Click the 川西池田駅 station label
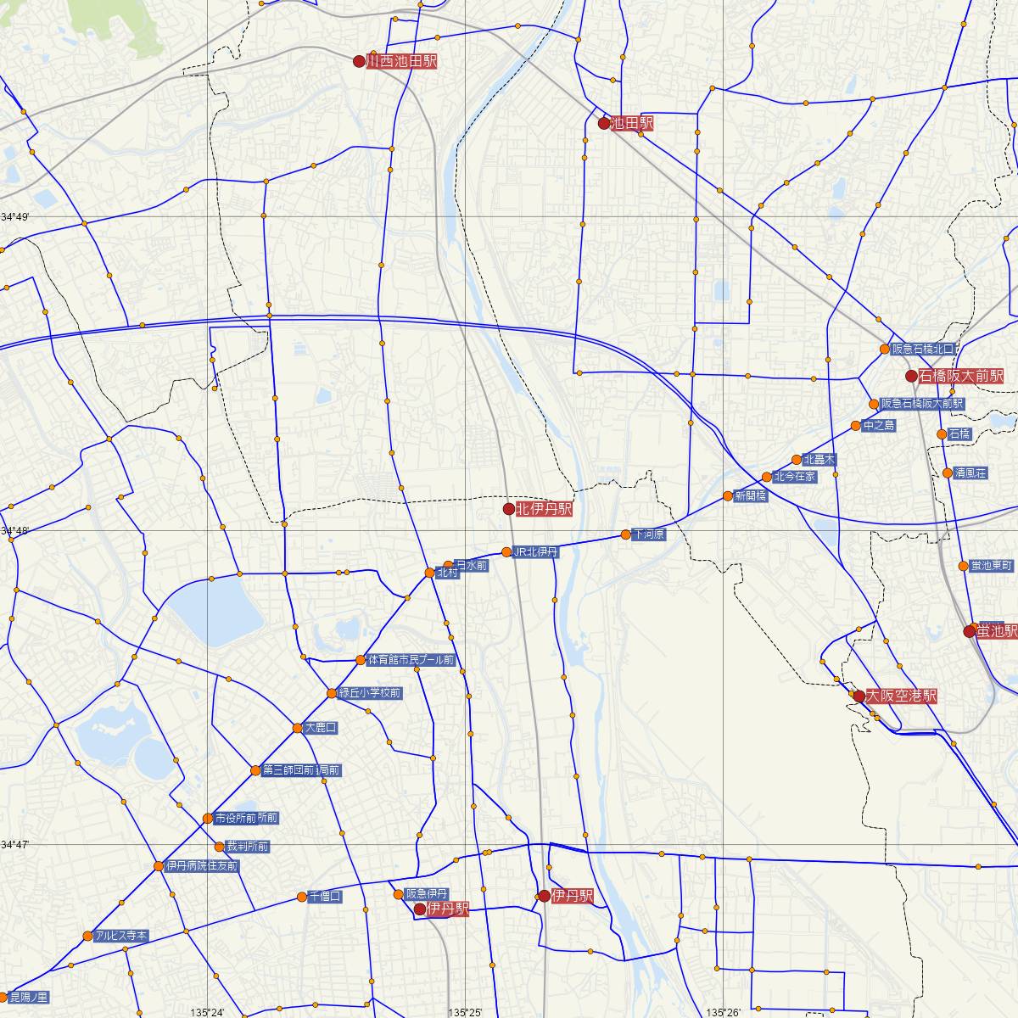(x=401, y=61)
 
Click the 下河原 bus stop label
(x=649, y=535)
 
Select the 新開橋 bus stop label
(x=751, y=495)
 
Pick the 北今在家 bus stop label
(x=795, y=477)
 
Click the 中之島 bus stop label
(x=879, y=426)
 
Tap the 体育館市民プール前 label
(x=411, y=659)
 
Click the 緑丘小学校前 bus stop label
(x=370, y=693)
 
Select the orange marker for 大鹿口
(x=297, y=728)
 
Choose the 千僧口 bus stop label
(x=324, y=896)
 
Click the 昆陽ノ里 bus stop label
(x=29, y=996)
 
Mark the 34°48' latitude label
(x=14, y=531)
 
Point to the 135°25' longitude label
(x=463, y=1012)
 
